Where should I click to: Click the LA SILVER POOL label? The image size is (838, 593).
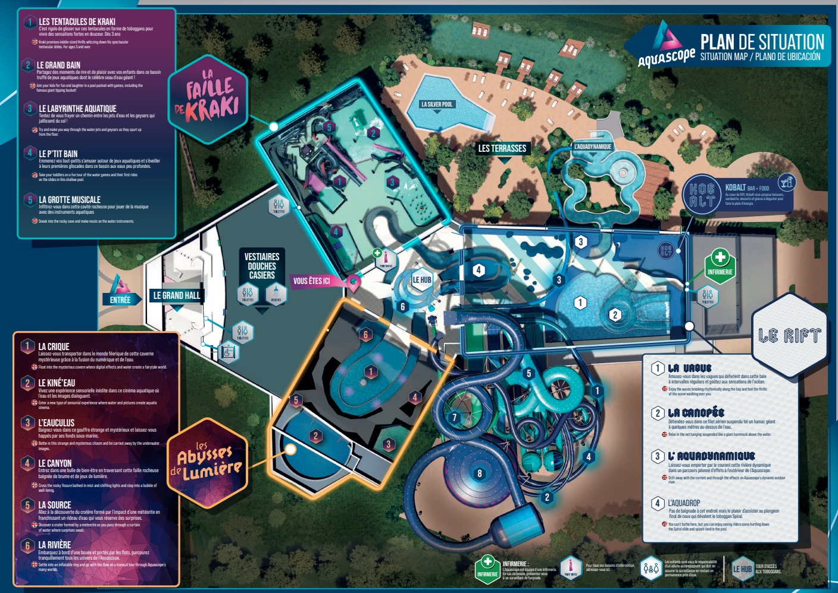437,104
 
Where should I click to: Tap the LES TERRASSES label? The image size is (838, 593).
502,148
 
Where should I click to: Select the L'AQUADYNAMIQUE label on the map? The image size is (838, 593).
592,146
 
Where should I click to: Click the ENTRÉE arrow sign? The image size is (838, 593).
121,299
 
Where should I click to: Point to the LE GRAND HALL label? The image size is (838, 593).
177,295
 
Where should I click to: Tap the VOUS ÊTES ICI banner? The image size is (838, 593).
312,281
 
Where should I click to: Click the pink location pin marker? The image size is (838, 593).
354,282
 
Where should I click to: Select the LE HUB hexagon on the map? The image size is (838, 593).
422,280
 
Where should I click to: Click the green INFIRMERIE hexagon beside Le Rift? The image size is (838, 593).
720,266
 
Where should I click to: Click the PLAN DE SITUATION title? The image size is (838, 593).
762,42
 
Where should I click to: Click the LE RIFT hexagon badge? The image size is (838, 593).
789,335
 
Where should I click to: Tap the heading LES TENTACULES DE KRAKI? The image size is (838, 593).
77,21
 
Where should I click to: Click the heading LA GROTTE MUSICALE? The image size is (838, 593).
70,199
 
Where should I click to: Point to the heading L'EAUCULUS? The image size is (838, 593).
57,423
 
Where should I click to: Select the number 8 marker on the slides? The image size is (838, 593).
480,474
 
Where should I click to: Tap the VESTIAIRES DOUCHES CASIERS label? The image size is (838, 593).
262,266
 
